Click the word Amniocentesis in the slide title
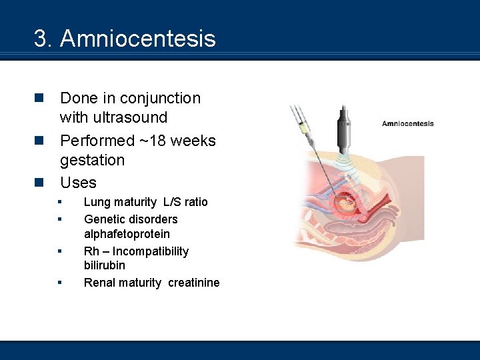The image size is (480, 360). point(138,39)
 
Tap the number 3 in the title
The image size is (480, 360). point(40,39)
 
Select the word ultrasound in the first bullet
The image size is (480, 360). point(113,117)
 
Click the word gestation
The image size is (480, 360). point(92,160)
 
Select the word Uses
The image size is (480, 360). point(78,183)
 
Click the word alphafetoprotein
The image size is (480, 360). point(127,234)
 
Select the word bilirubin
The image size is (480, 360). point(104,265)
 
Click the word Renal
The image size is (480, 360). point(98,283)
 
